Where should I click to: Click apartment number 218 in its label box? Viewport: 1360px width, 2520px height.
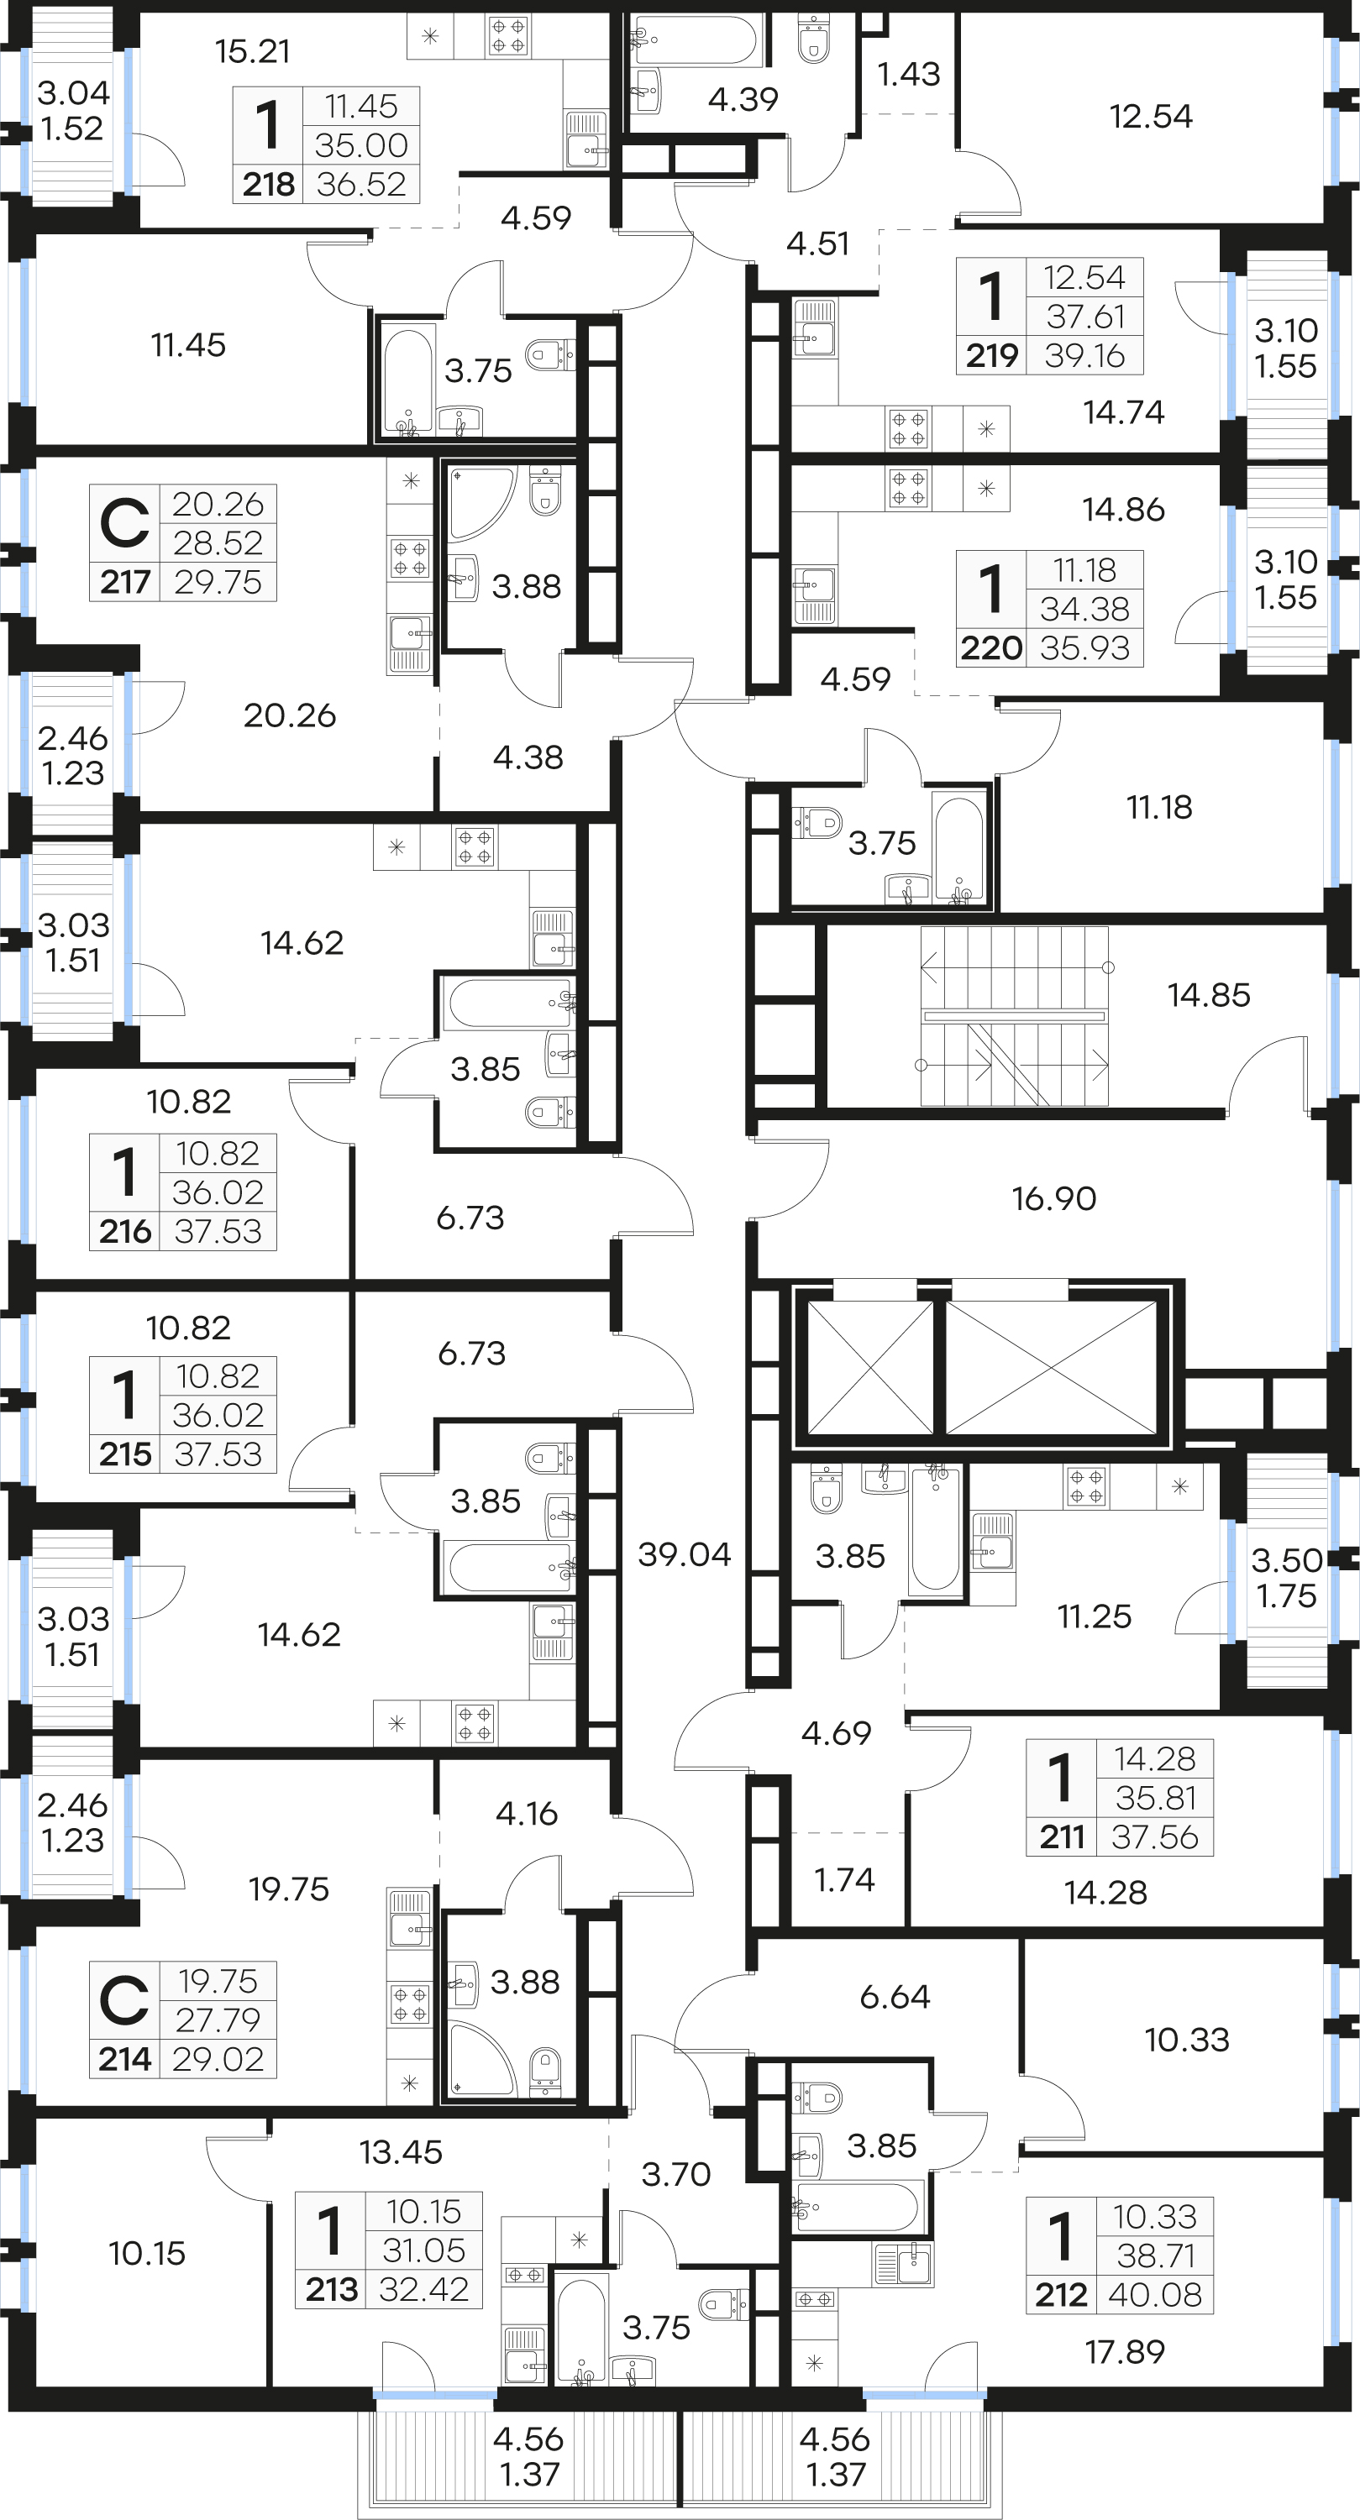[x=268, y=184]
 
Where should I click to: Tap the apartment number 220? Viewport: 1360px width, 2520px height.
[x=991, y=647]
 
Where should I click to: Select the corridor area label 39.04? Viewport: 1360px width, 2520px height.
[x=684, y=1554]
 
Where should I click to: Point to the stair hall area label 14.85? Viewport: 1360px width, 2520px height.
[x=1208, y=995]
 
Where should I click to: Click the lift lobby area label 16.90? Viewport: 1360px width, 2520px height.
[x=1053, y=1198]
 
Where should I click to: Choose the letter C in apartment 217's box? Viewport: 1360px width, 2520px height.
[x=125, y=523]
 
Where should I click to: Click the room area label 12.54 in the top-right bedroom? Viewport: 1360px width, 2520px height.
[x=1151, y=117]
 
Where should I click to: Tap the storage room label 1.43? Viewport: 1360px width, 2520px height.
[x=908, y=73]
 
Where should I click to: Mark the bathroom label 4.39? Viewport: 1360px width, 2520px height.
[x=743, y=99]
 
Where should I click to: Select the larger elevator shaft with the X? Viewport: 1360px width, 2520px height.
[x=1051, y=1368]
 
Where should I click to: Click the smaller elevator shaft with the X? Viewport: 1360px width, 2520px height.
[x=869, y=1368]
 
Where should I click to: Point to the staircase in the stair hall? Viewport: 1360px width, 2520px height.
[x=1015, y=1016]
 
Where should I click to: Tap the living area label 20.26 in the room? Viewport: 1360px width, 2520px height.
[x=290, y=715]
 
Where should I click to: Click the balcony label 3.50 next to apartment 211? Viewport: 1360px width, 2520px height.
[x=1287, y=1560]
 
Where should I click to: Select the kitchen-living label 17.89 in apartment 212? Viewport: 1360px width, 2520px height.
[x=1124, y=2352]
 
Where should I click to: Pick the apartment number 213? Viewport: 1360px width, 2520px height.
[x=332, y=2289]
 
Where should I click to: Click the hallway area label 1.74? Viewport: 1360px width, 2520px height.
[x=844, y=1879]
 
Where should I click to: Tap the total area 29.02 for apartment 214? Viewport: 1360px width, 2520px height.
[x=218, y=2059]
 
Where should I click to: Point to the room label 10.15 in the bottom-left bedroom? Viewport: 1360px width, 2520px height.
[x=147, y=2253]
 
